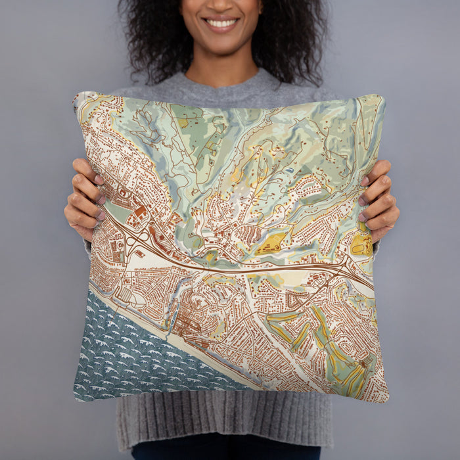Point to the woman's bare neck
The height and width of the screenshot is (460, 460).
pos(223,69)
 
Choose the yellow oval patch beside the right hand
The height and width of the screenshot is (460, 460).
pos(361,245)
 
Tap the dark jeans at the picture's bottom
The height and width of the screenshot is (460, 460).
pos(223,453)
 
